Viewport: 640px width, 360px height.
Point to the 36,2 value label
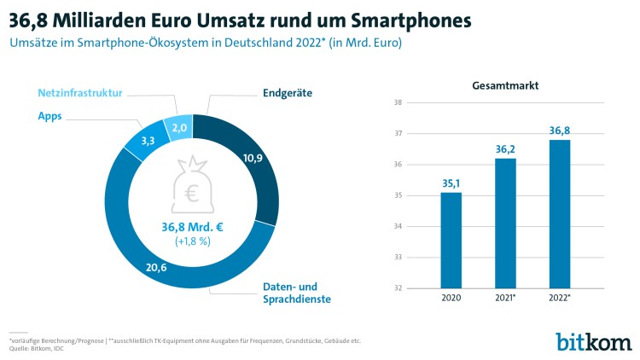[x=505, y=148]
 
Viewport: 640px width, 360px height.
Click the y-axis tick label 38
[x=398, y=103]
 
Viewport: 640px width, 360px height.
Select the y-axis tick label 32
[x=398, y=288]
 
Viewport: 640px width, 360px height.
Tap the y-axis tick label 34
[x=398, y=227]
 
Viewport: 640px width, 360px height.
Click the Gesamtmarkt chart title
[x=504, y=86]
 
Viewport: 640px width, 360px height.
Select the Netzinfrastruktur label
[x=81, y=92]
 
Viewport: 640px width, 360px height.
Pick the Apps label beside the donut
[x=49, y=116]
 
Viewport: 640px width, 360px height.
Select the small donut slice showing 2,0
[x=180, y=128]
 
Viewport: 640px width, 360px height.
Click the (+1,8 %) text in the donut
[x=192, y=241]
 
